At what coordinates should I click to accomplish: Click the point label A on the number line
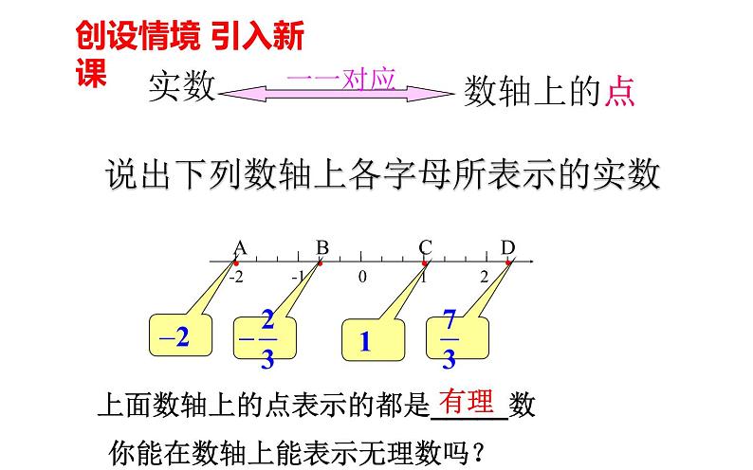click(240, 248)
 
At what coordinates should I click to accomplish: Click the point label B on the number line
click(321, 248)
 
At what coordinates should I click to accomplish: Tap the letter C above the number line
click(425, 248)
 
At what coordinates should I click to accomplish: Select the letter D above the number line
click(507, 248)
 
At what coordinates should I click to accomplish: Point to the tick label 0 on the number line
click(362, 277)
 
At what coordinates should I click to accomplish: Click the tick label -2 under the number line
click(234, 277)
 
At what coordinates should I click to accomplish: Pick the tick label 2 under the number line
click(483, 277)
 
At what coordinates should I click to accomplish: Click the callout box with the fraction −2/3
click(265, 338)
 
